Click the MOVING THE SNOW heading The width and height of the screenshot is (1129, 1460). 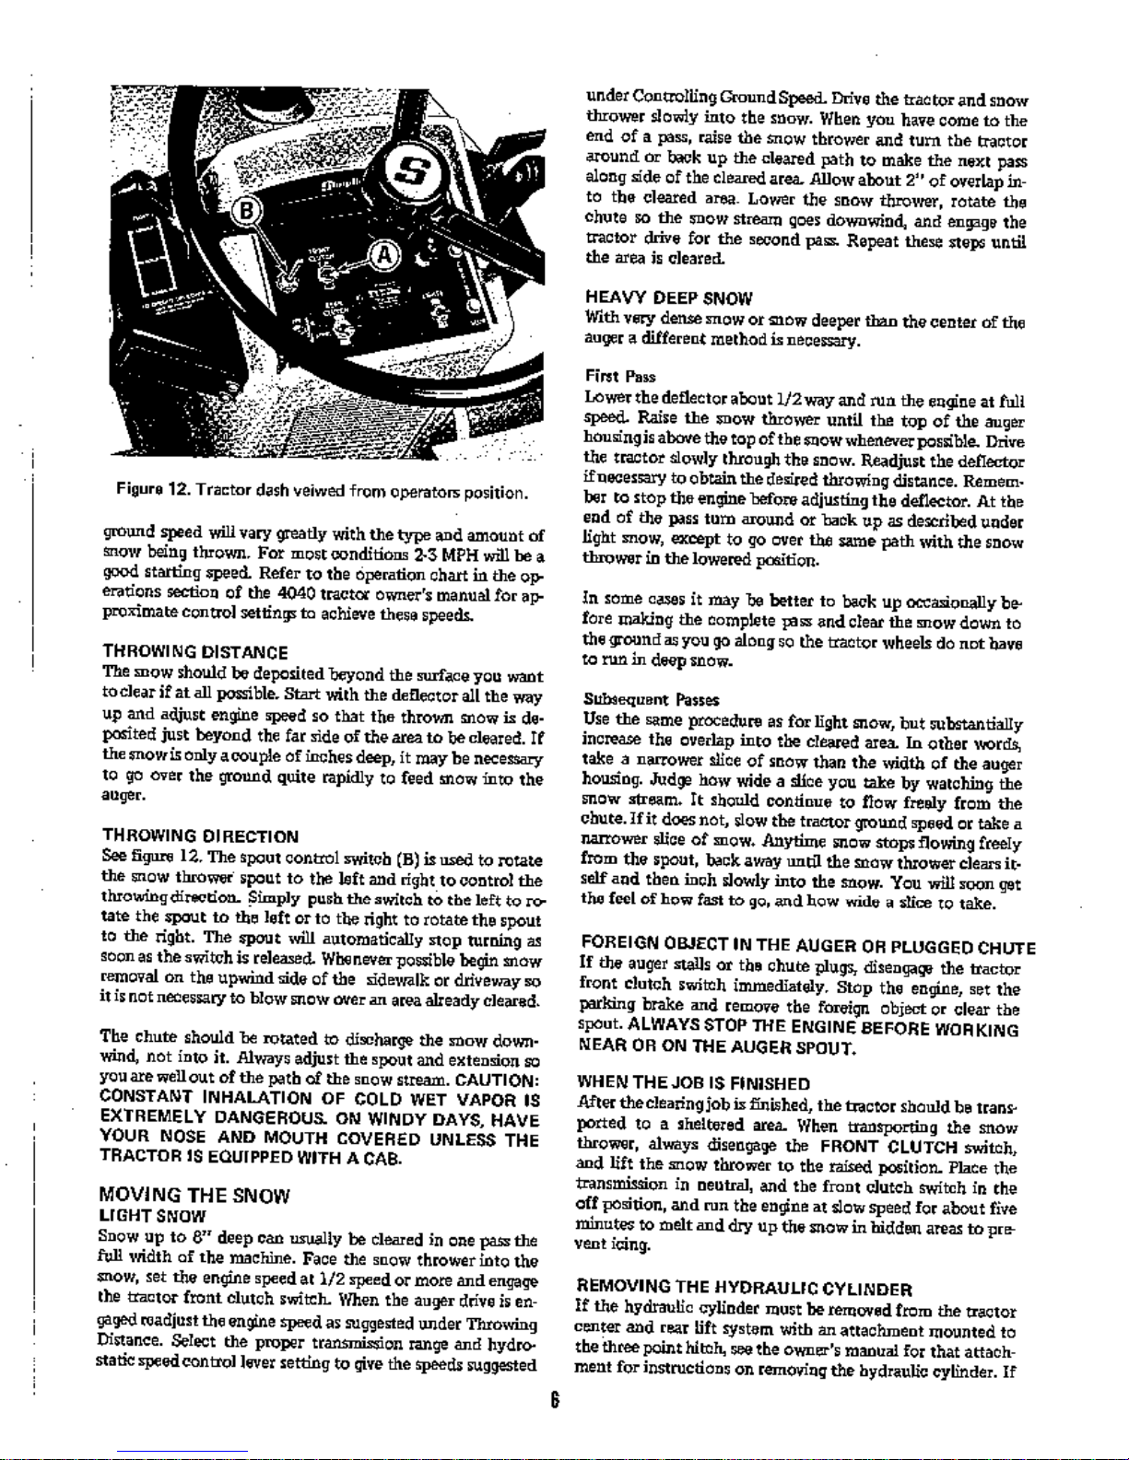coord(196,1196)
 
